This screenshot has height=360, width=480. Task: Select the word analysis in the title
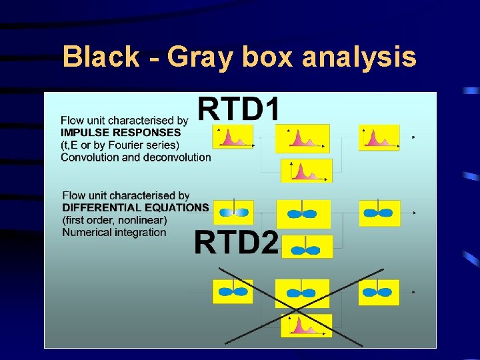point(359,57)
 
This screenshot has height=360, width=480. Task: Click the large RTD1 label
point(239,109)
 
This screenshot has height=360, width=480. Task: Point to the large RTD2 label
point(236,242)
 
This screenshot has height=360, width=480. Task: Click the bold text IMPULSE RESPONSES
point(121,132)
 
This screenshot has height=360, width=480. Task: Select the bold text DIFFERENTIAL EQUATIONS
point(135,207)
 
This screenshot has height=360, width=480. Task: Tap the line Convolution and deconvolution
point(135,157)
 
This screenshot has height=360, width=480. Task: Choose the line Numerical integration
point(114,232)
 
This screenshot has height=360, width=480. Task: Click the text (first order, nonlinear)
point(115,220)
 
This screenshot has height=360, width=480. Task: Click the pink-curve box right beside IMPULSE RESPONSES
point(233,137)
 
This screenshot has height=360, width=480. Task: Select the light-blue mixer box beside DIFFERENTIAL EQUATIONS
point(233,212)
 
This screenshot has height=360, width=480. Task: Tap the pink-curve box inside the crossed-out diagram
point(306,325)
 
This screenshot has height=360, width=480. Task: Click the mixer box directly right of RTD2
point(306,248)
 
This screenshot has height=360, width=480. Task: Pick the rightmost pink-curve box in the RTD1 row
point(379,137)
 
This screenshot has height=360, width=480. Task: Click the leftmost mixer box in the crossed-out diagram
point(233,291)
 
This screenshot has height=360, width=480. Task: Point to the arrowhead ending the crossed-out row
point(414,292)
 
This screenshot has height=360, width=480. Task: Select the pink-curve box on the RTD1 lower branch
point(306,171)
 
